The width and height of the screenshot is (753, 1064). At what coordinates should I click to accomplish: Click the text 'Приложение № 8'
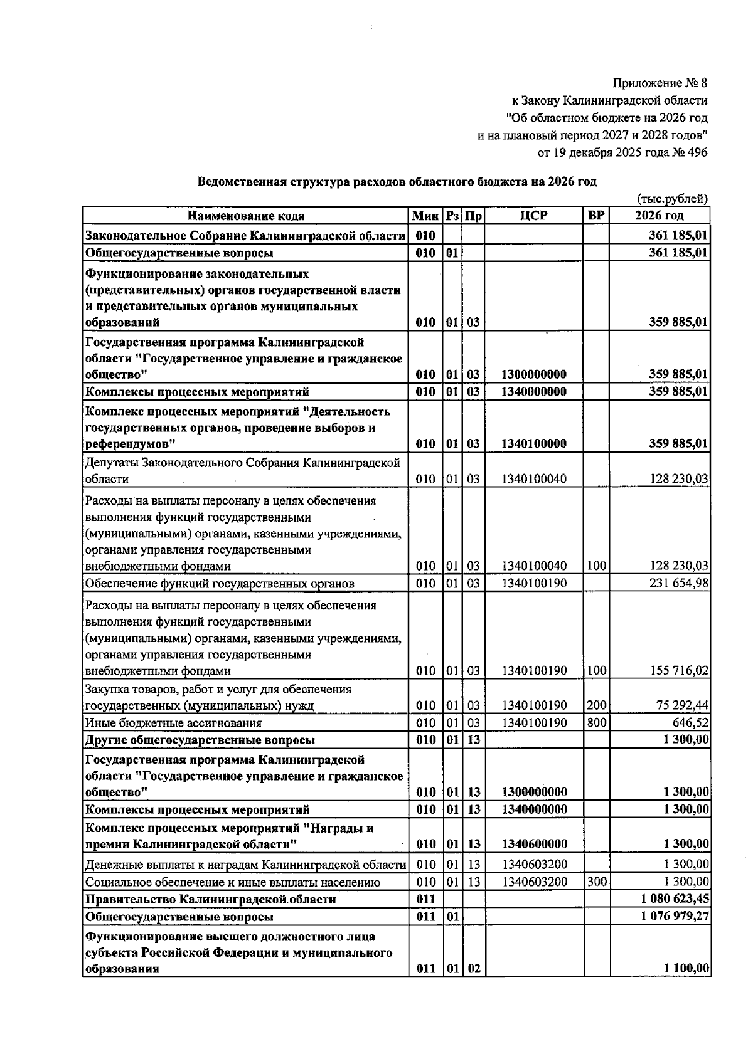(x=660, y=83)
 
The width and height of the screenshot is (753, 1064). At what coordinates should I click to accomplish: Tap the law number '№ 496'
(x=688, y=152)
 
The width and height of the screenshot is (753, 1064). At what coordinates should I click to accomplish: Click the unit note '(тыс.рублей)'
(x=672, y=199)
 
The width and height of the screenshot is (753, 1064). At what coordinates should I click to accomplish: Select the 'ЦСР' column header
(x=534, y=216)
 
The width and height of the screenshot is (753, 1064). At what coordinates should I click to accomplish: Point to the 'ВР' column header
(x=595, y=216)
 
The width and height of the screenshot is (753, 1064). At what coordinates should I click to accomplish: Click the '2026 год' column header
(x=659, y=216)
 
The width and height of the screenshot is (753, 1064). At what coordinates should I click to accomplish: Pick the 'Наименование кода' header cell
(x=245, y=216)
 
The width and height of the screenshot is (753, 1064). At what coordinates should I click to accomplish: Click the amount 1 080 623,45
(x=675, y=899)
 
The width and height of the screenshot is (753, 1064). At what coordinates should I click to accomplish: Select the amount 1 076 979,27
(x=675, y=917)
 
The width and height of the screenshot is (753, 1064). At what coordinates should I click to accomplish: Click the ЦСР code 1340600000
(x=534, y=844)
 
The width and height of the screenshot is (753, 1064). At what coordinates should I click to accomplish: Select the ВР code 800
(x=596, y=722)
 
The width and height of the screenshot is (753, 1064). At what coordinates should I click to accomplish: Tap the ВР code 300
(x=596, y=882)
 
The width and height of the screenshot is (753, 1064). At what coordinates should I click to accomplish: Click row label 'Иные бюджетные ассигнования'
(x=173, y=723)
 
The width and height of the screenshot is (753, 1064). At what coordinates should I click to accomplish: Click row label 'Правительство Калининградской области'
(x=210, y=899)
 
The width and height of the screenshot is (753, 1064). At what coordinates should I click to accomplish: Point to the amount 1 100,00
(x=686, y=969)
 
